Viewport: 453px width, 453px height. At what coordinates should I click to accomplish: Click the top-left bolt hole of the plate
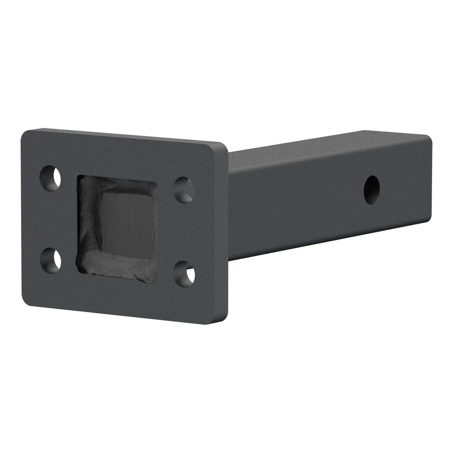(x=51, y=178)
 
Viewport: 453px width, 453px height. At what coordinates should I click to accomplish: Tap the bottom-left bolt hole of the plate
(x=51, y=259)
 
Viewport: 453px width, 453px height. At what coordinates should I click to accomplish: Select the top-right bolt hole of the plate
(x=183, y=190)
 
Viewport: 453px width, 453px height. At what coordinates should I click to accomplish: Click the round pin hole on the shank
(x=372, y=189)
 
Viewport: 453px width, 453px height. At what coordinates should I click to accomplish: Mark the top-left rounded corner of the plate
(x=25, y=135)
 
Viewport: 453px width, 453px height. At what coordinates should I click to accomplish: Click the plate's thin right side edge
(x=224, y=232)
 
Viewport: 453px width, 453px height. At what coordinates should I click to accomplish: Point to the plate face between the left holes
(x=51, y=219)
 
